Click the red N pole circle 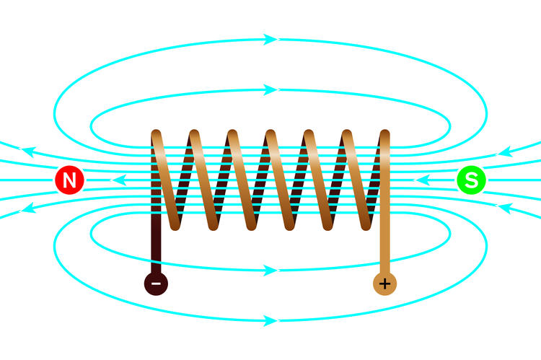pyautogui.click(x=70, y=180)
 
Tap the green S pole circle pyautogui.click(x=471, y=180)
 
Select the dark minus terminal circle pyautogui.click(x=156, y=284)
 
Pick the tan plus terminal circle pyautogui.click(x=384, y=284)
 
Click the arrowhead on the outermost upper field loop pyautogui.click(x=270, y=40)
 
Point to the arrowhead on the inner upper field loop pyautogui.click(x=270, y=89)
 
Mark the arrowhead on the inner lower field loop pyautogui.click(x=270, y=271)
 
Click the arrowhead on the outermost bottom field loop pyautogui.click(x=270, y=320)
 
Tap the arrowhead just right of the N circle pyautogui.click(x=118, y=180)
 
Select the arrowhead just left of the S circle pyautogui.click(x=422, y=180)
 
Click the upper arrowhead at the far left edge pyautogui.click(x=27, y=152)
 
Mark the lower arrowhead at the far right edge pyautogui.click(x=504, y=208)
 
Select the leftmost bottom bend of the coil pyautogui.click(x=175, y=225)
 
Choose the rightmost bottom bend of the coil pyautogui.click(x=366, y=225)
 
